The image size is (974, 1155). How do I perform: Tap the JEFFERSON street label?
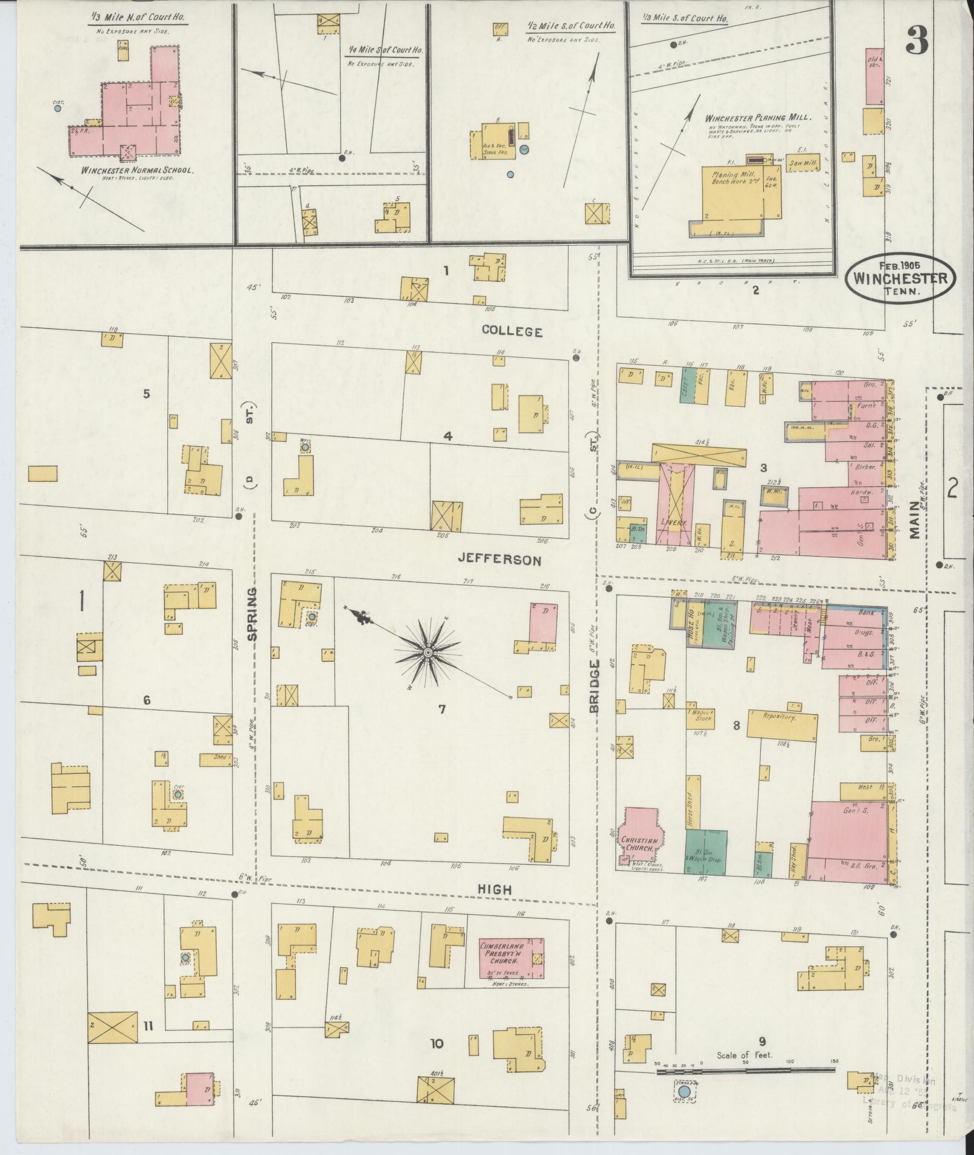click(499, 560)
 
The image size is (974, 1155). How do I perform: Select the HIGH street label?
click(495, 889)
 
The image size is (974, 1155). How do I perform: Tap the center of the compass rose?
click(428, 653)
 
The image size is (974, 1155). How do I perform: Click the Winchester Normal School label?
click(136, 171)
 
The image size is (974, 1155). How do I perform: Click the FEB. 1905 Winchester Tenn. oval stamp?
click(900, 277)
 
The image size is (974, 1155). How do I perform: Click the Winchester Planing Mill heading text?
click(757, 118)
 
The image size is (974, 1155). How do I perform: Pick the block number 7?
click(441, 709)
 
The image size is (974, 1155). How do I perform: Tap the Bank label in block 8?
click(865, 612)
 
